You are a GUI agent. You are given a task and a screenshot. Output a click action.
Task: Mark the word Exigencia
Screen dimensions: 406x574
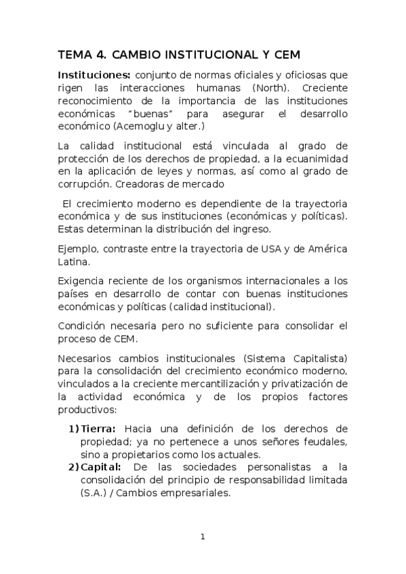tap(84, 281)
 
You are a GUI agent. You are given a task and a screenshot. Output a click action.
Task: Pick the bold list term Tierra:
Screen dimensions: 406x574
tap(99, 428)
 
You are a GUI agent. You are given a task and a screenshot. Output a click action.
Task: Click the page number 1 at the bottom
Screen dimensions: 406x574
tap(203, 537)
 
